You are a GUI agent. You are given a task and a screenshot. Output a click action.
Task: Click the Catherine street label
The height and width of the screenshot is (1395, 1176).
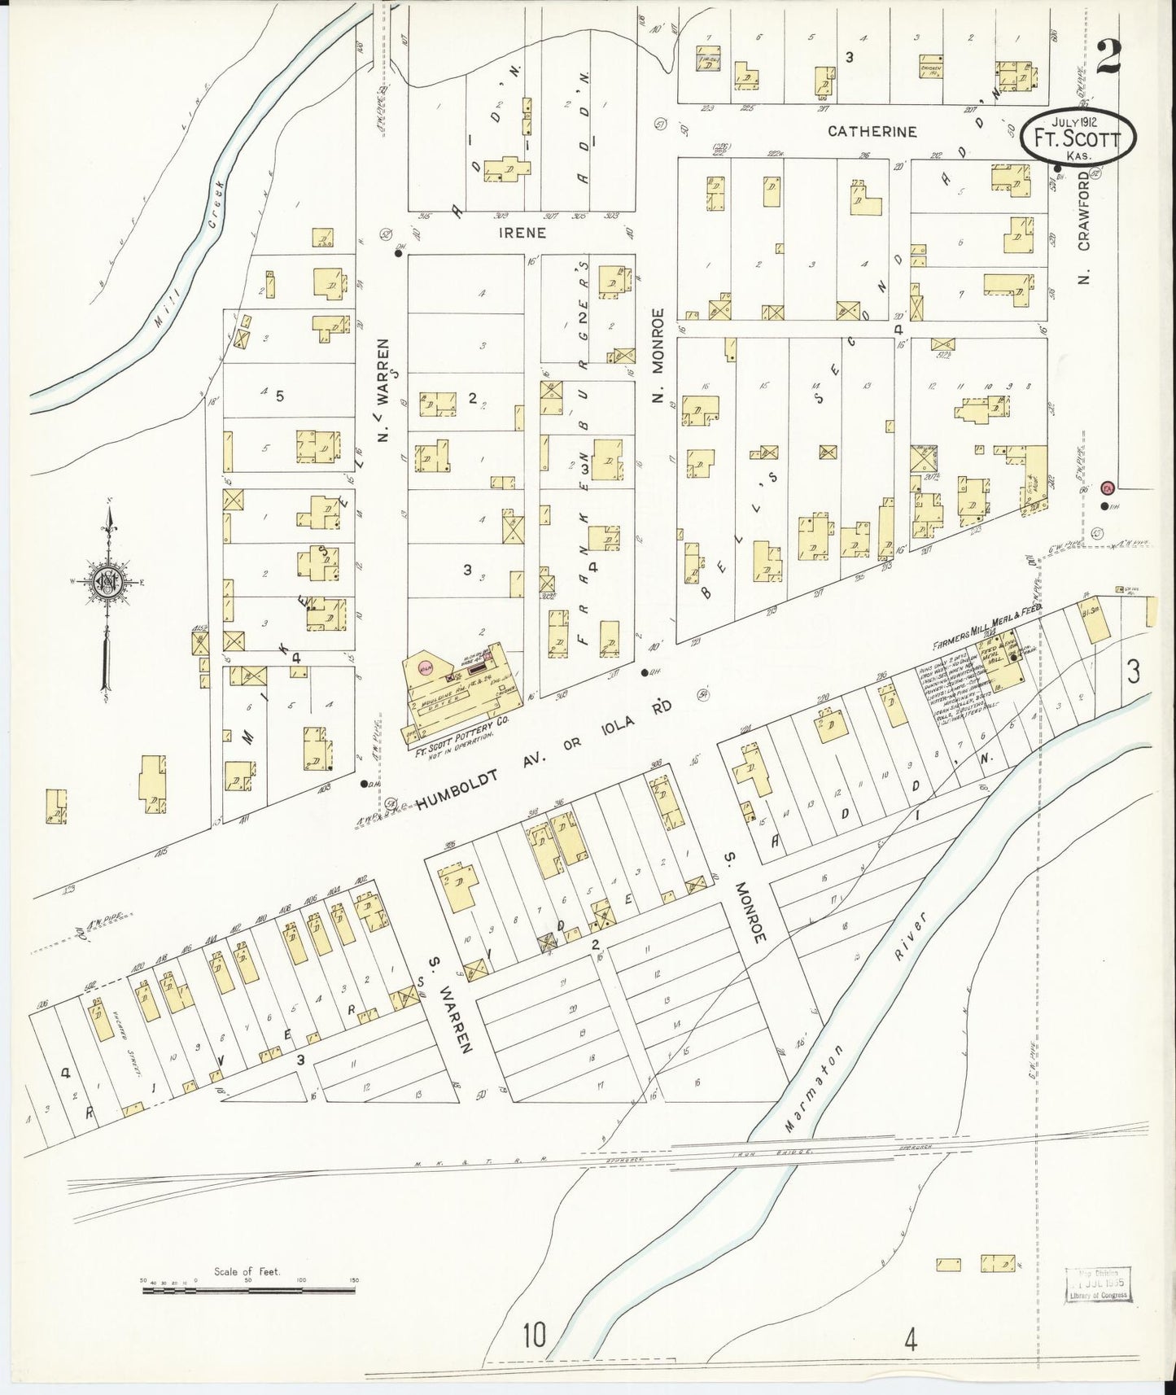(x=872, y=131)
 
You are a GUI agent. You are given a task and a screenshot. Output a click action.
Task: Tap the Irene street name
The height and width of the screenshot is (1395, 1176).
(x=523, y=233)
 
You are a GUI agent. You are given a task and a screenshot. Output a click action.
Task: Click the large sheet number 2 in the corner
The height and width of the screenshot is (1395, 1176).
(x=1108, y=57)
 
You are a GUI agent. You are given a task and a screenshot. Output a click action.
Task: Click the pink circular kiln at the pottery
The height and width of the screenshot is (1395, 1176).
(x=424, y=667)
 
